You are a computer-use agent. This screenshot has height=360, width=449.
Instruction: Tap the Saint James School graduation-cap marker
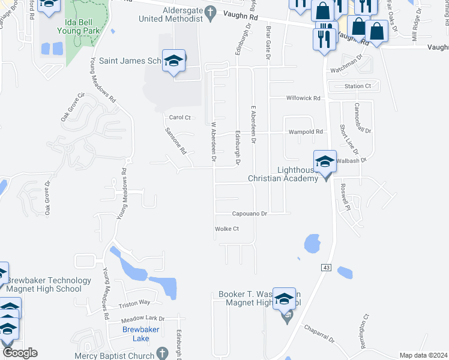click(x=174, y=62)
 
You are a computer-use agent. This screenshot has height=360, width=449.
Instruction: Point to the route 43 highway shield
click(x=326, y=267)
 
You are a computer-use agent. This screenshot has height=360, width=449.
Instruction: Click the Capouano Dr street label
click(x=250, y=214)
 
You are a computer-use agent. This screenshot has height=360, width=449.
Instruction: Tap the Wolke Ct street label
click(x=227, y=229)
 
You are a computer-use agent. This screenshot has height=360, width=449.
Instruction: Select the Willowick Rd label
click(x=304, y=98)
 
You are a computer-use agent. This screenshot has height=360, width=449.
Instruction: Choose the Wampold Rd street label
click(x=306, y=131)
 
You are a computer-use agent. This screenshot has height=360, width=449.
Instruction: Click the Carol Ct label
click(x=179, y=118)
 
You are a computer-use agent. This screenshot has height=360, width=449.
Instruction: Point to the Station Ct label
click(x=358, y=86)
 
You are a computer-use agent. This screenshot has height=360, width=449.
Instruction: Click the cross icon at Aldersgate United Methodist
click(x=210, y=11)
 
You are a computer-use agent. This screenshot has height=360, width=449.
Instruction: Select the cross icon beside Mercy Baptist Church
click(x=161, y=353)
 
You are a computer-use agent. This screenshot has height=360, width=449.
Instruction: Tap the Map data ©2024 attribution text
click(x=423, y=355)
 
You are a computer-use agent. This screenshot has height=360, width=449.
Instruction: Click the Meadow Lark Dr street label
click(x=134, y=318)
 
